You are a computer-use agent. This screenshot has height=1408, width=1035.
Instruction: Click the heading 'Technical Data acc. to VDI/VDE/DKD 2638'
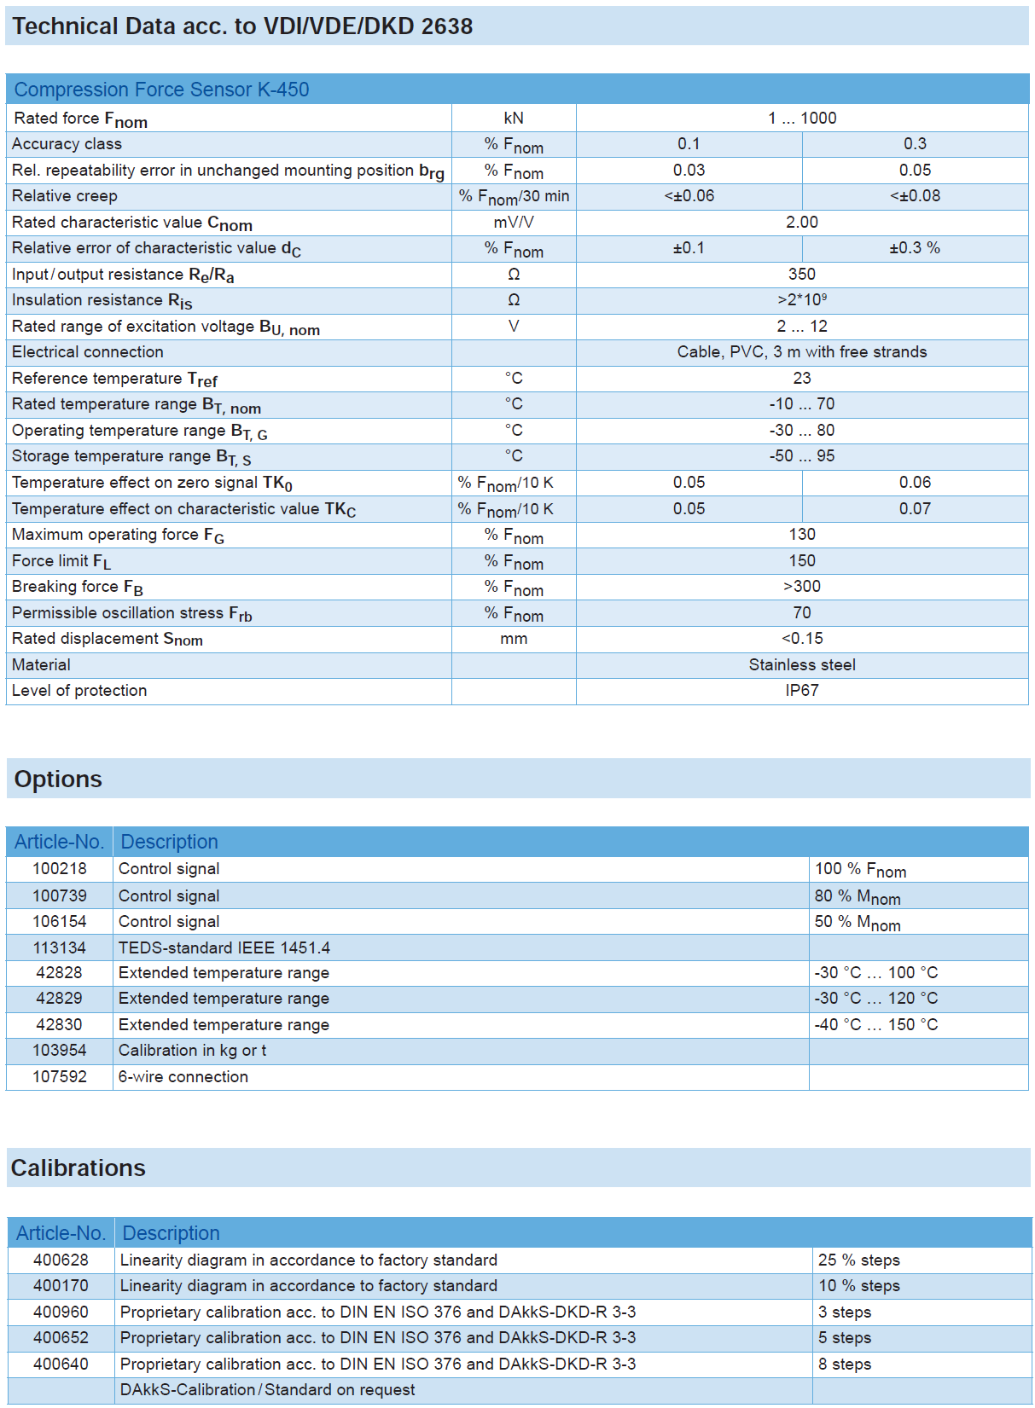[x=242, y=26]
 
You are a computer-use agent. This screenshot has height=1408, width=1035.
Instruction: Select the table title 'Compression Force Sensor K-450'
[x=161, y=90]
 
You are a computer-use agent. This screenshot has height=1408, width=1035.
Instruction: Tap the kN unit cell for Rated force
[x=514, y=119]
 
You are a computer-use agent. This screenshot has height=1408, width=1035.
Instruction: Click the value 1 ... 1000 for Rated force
[x=802, y=119]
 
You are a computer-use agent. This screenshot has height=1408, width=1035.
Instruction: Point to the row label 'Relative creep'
[x=65, y=196]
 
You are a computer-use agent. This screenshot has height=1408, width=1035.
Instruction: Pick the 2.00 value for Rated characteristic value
[x=802, y=223]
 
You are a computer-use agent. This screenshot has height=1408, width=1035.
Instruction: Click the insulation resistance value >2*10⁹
[x=802, y=300]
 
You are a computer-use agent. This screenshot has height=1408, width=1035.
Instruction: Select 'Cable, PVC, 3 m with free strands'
[x=802, y=352]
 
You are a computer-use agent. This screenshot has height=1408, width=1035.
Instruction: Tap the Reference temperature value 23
[x=802, y=379]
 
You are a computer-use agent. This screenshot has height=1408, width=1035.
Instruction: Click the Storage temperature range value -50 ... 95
[x=802, y=456]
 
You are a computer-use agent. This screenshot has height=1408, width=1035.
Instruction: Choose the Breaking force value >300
[x=802, y=587]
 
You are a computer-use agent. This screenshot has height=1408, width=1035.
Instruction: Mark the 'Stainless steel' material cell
[x=802, y=665]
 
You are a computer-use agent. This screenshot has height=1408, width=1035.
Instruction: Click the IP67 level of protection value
[x=802, y=691]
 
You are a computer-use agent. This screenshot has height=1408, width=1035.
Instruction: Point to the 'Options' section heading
[x=58, y=779]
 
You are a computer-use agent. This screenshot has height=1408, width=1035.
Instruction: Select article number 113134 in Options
[x=60, y=948]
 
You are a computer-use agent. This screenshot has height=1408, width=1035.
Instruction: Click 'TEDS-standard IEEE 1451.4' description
[x=224, y=948]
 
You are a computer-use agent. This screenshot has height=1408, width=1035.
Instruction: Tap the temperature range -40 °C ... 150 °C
[x=876, y=1025]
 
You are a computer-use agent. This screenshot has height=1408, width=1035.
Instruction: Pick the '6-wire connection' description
[x=183, y=1077]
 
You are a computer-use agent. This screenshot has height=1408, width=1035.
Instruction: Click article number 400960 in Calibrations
[x=61, y=1312]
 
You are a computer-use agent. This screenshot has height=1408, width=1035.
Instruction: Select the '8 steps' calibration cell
[x=845, y=1365]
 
